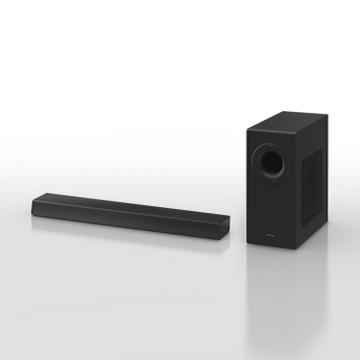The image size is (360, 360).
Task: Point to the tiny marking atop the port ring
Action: point(271,145)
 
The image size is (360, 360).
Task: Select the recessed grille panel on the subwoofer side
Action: point(312,187)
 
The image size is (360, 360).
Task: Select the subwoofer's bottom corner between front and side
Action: point(295,249)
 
